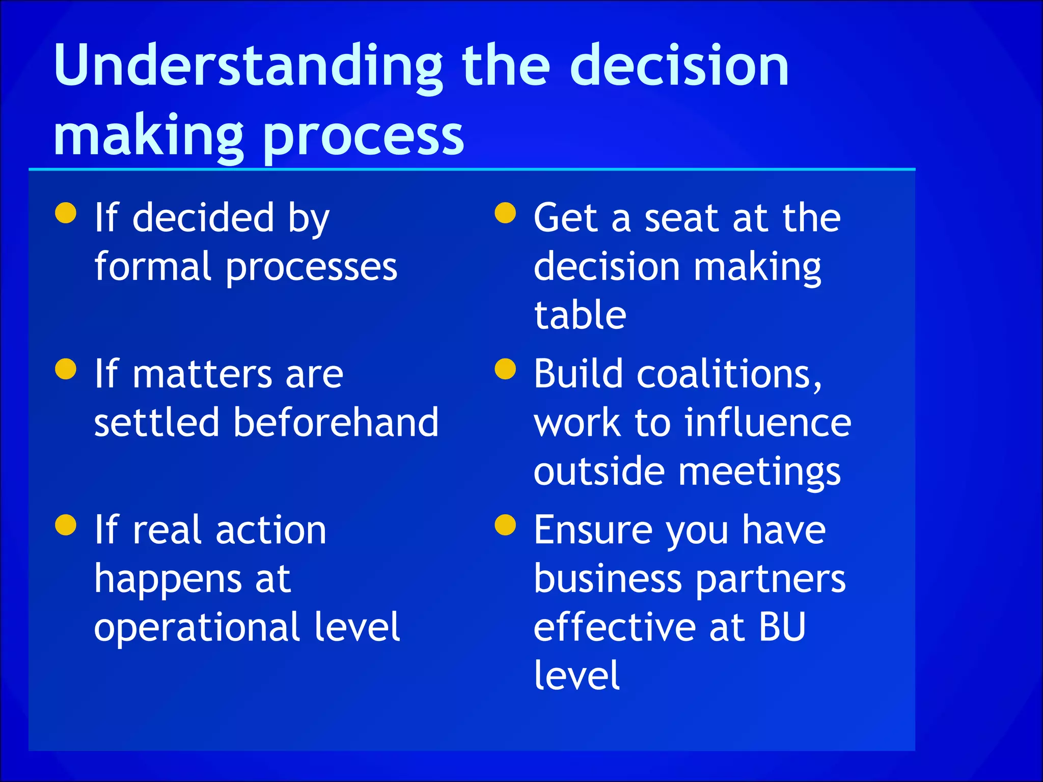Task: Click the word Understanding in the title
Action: click(x=249, y=66)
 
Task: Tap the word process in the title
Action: click(x=364, y=136)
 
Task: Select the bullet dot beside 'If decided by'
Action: click(x=66, y=213)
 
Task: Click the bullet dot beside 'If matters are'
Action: click(x=66, y=369)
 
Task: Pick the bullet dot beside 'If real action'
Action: click(x=66, y=525)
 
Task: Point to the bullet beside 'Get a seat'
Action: click(x=505, y=213)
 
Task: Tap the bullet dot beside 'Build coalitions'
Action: click(x=505, y=369)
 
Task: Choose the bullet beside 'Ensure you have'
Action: click(x=505, y=525)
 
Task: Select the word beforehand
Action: click(x=336, y=422)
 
